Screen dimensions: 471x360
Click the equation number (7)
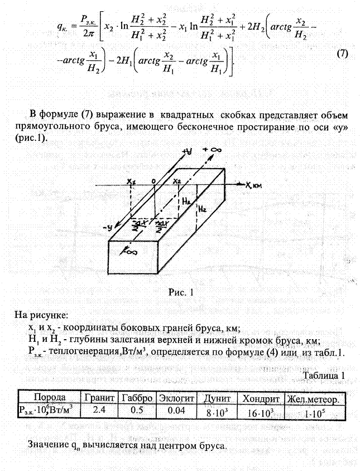343,54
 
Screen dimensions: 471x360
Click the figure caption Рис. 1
180,292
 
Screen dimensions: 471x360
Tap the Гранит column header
99,397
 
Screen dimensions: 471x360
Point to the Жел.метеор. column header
314,398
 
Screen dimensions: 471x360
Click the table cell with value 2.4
99,410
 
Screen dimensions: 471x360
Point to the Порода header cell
50,397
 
